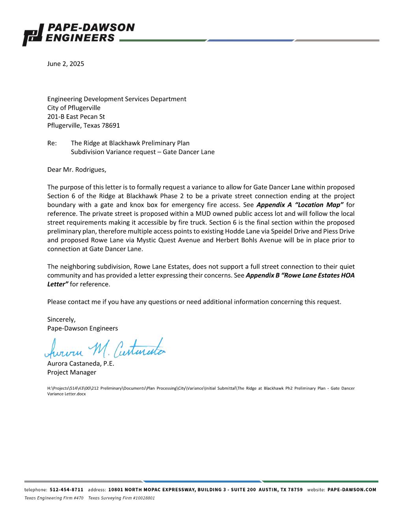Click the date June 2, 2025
(x=65, y=64)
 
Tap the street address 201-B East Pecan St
(x=76, y=117)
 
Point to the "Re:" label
(x=52, y=143)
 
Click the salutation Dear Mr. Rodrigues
(x=76, y=170)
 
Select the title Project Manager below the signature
(x=71, y=372)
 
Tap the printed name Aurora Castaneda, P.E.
(x=80, y=364)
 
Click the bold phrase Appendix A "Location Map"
(x=300, y=205)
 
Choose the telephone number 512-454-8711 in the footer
(x=67, y=490)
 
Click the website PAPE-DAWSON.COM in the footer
(x=352, y=490)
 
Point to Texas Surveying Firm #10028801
(x=121, y=498)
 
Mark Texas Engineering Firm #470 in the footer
(x=54, y=498)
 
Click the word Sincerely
(x=61, y=319)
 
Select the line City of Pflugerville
(x=74, y=108)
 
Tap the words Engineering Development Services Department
(x=117, y=99)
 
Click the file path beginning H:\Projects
(x=201, y=391)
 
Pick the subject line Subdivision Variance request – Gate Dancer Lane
(x=143, y=152)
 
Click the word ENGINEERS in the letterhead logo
(x=80, y=38)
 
